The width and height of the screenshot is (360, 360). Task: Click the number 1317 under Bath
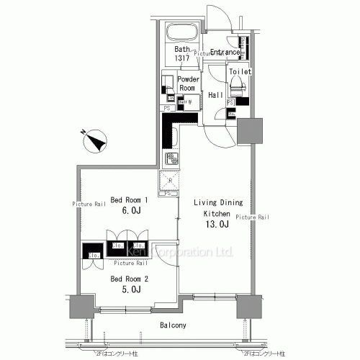pos(181,58)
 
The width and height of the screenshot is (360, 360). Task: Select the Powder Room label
pos(188,83)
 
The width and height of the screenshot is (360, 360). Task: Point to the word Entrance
pos(224,52)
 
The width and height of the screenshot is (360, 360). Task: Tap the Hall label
pos(215,95)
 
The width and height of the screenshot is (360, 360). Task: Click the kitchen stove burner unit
pos(173,158)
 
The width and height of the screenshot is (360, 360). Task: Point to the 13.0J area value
pos(217,225)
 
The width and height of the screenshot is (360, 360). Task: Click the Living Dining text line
pos(222,203)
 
